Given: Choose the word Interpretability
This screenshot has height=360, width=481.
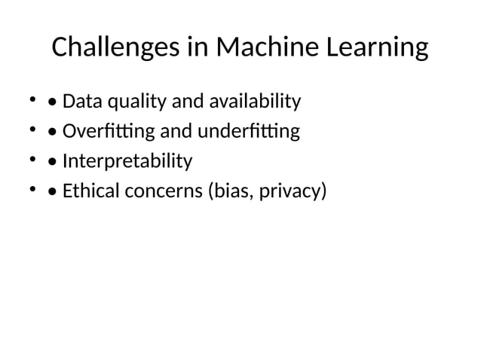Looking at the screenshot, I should (x=127, y=162).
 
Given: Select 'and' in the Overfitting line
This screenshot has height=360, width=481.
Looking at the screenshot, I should (x=176, y=132).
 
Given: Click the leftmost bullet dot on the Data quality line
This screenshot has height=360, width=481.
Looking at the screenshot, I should (x=32, y=99).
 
